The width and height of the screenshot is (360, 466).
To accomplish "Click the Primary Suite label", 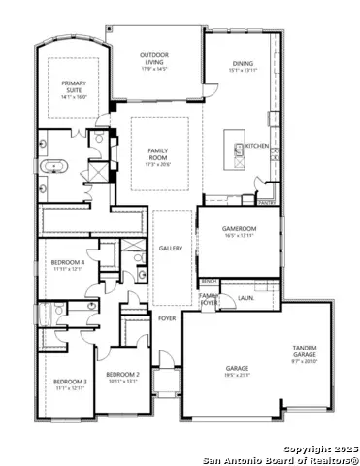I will tap(73, 87).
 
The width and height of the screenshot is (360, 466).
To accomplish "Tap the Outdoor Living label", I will tap(155, 57).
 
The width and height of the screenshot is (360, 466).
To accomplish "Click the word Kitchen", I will tap(256, 145).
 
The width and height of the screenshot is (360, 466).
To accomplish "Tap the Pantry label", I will tap(265, 202).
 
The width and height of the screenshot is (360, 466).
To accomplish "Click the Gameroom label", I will tap(239, 228).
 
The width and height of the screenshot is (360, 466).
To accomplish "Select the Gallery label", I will tap(171, 249).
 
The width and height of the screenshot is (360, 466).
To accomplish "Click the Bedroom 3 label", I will tap(70, 382).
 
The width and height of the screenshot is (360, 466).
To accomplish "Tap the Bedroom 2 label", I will tap(123, 374).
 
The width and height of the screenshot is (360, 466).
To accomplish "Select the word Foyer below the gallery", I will tap(167, 317).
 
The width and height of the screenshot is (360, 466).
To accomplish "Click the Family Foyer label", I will tap(209, 298).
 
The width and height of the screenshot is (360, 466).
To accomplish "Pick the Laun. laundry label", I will tap(245, 298).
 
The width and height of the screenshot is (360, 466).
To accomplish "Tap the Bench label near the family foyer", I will tap(209, 282).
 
